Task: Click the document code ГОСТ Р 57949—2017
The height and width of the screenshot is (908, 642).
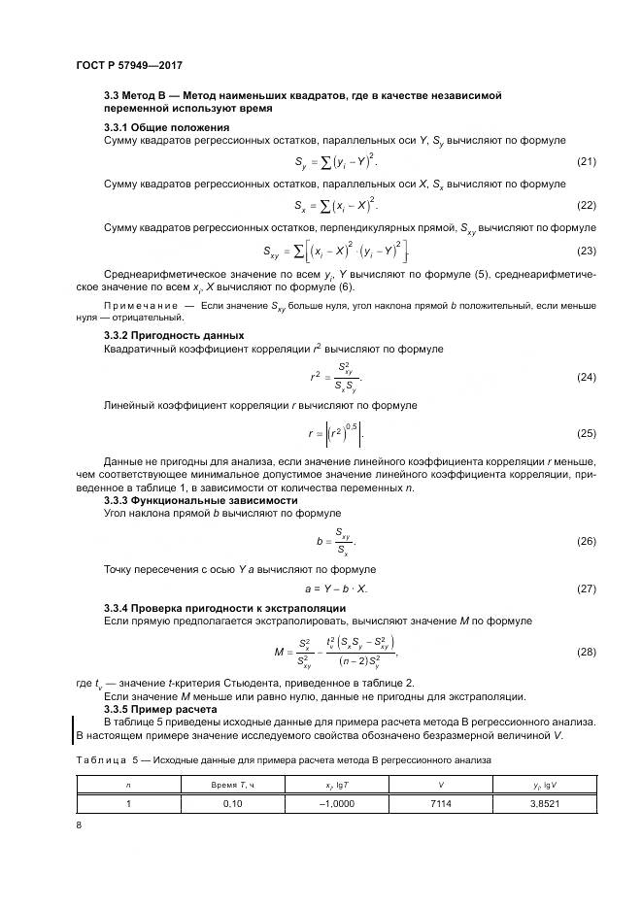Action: pyautogui.click(x=129, y=65)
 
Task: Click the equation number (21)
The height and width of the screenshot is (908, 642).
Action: pyautogui.click(x=586, y=161)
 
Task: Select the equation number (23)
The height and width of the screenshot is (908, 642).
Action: pyautogui.click(x=586, y=252)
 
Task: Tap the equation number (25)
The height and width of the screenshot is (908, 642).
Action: pyautogui.click(x=586, y=432)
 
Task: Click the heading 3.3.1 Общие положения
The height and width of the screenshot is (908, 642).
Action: pyautogui.click(x=166, y=127)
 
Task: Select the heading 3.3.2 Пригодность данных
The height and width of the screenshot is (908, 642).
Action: pyautogui.click(x=177, y=335)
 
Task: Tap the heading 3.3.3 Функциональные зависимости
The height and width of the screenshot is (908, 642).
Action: pyautogui.click(x=200, y=499)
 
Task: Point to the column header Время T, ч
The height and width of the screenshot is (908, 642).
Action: pyautogui.click(x=232, y=784)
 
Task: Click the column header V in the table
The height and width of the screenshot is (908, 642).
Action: pyautogui.click(x=442, y=784)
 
